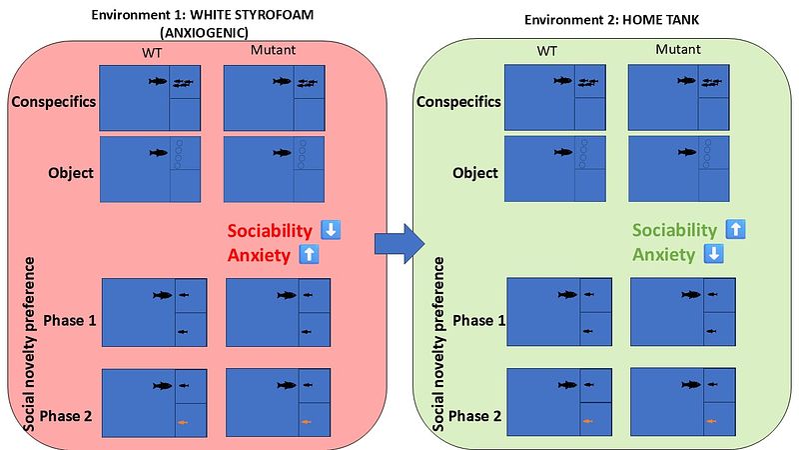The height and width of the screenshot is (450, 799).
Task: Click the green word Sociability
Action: [675, 229]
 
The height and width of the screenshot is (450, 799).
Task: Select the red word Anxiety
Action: [259, 254]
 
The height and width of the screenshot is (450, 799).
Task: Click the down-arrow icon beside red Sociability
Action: [332, 230]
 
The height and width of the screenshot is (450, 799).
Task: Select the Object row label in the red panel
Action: [70, 172]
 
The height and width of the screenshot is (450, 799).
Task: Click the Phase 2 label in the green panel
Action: [473, 414]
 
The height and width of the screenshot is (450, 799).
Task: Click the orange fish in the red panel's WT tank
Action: [184, 423]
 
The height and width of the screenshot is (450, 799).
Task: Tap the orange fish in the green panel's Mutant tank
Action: [711, 421]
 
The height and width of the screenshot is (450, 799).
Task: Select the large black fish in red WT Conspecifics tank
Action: [158, 81]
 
